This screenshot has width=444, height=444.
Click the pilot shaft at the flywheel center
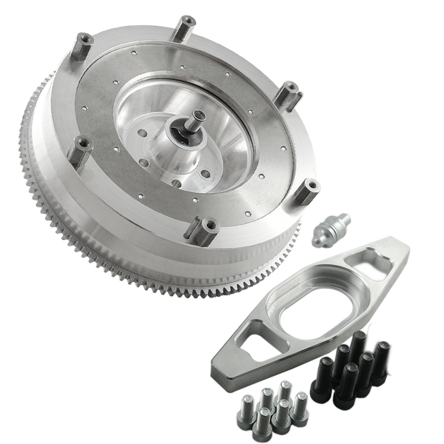coord(198,120)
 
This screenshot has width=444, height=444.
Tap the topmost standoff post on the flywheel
coord(184,28)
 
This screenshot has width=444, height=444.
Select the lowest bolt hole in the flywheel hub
coord(175,183)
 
